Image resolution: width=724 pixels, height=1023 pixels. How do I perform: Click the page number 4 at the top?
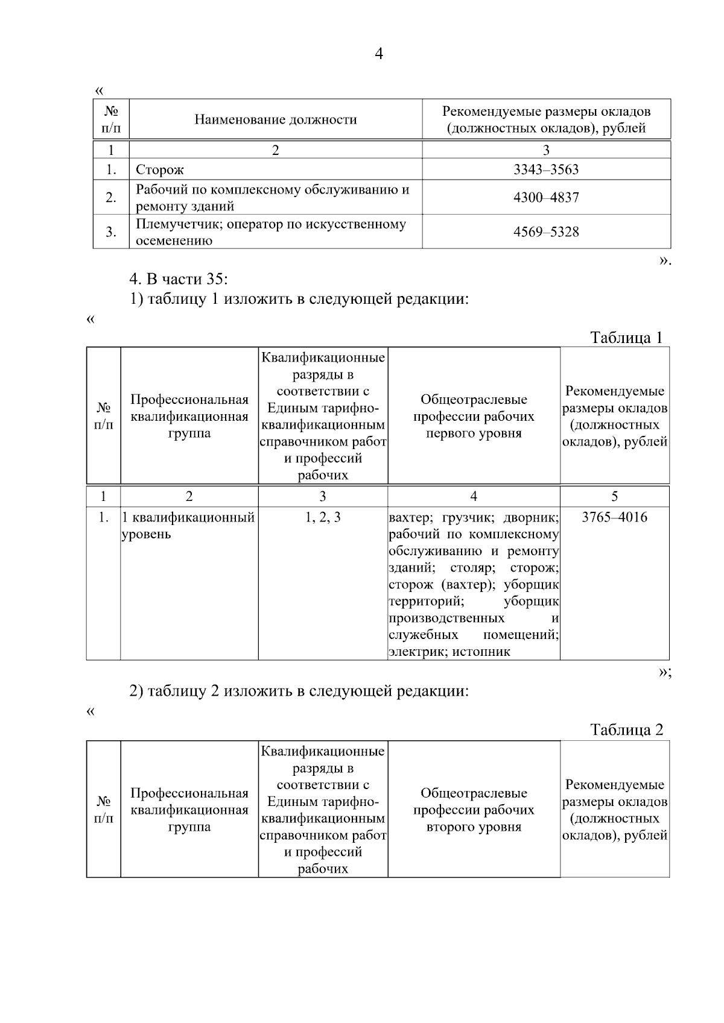(x=378, y=54)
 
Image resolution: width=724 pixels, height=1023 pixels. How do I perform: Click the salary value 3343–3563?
(x=545, y=170)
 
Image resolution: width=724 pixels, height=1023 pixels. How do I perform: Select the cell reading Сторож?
(x=160, y=170)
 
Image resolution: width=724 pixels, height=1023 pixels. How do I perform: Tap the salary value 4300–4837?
(x=545, y=198)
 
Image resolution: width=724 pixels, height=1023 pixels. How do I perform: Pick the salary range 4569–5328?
(x=545, y=232)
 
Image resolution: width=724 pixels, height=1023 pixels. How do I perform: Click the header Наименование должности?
(x=275, y=119)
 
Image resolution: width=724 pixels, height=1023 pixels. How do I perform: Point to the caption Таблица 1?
(x=626, y=337)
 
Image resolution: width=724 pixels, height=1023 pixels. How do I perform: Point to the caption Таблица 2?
(x=626, y=730)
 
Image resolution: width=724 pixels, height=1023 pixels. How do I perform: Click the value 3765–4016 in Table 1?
(x=614, y=517)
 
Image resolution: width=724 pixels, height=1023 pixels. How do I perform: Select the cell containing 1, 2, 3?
(x=323, y=517)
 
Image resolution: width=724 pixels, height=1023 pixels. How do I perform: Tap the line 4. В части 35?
(x=179, y=279)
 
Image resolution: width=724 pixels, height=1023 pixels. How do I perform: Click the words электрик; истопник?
(x=449, y=652)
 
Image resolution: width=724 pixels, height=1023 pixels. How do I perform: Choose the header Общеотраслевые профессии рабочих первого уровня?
(x=474, y=416)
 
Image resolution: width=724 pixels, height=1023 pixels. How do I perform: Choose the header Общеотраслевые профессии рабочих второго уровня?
(x=474, y=810)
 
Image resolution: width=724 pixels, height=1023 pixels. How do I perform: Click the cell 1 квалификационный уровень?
(x=188, y=526)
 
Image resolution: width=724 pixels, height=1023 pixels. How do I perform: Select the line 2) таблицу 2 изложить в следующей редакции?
(x=299, y=691)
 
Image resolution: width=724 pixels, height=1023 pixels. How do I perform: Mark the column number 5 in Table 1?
(x=614, y=496)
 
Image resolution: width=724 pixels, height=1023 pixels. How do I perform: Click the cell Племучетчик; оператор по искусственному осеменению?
(x=271, y=232)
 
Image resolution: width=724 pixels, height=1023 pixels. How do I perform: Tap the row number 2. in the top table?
(x=111, y=198)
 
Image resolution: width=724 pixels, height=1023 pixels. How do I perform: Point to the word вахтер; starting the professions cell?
(x=410, y=517)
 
